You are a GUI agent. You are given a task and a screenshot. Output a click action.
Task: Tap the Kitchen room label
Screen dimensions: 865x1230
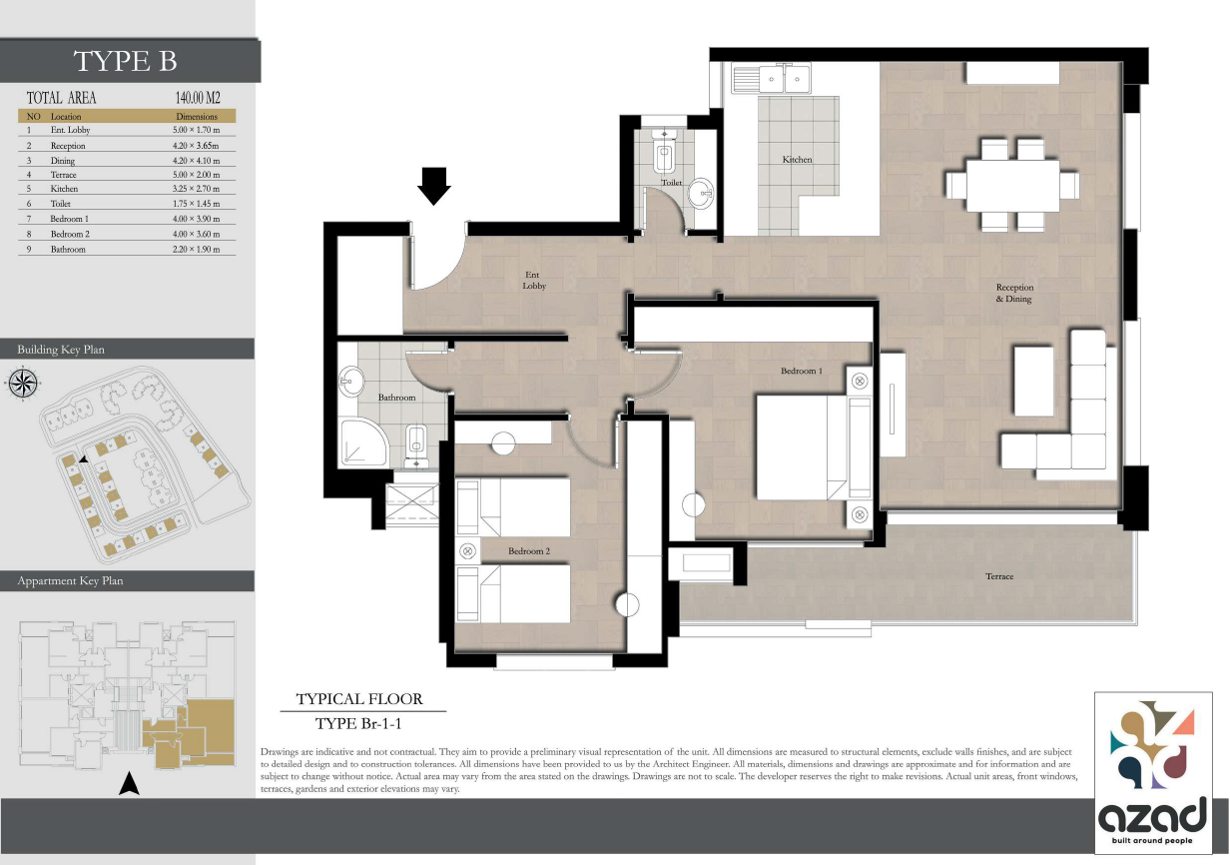pyautogui.click(x=797, y=160)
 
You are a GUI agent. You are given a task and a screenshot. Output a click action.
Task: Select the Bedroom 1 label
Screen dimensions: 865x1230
pyautogui.click(x=802, y=371)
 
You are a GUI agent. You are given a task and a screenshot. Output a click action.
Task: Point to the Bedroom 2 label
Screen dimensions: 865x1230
pyautogui.click(x=527, y=551)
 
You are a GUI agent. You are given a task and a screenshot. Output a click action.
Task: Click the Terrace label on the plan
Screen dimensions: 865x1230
pyautogui.click(x=998, y=576)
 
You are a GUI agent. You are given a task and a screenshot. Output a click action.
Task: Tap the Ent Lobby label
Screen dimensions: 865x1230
pyautogui.click(x=534, y=280)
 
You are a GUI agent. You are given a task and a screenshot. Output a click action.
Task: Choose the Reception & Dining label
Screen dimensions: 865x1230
pyautogui.click(x=1013, y=293)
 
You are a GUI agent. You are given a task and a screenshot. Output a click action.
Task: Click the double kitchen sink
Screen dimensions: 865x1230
pyautogui.click(x=771, y=78)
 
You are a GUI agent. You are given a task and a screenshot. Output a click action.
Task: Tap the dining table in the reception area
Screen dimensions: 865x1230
pyautogui.click(x=1012, y=186)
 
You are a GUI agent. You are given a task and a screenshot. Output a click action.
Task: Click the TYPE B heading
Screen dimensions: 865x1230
pyautogui.click(x=126, y=61)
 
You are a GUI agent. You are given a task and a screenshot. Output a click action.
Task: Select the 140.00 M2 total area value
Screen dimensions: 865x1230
pyautogui.click(x=197, y=98)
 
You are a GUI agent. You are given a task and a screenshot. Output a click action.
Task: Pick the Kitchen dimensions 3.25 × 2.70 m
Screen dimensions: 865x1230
pyautogui.click(x=196, y=189)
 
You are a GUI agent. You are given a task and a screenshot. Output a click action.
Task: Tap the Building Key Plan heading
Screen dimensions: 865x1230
pyautogui.click(x=61, y=350)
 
